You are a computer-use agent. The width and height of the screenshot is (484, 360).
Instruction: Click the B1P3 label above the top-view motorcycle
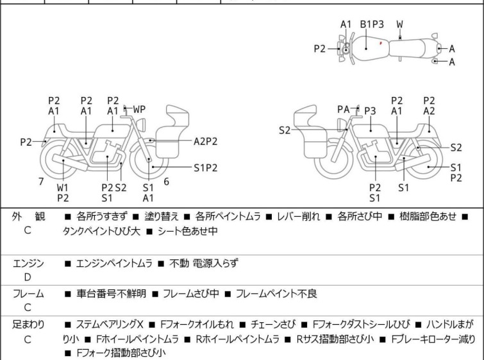point(372,24)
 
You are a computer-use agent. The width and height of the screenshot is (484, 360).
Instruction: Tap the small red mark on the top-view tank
point(381,44)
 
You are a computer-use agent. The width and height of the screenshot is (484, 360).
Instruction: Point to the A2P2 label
point(206,141)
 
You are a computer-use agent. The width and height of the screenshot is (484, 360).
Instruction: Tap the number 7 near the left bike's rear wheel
point(41,182)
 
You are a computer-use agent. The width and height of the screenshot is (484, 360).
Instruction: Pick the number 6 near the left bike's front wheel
point(166,182)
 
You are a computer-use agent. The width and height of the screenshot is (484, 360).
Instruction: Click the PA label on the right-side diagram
point(344,110)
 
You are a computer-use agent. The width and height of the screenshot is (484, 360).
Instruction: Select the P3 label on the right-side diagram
point(370,111)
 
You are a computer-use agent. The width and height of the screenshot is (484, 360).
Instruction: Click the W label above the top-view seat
point(400,24)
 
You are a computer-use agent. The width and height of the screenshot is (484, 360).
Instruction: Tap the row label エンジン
point(28,263)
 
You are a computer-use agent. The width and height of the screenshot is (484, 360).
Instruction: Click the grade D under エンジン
point(28,277)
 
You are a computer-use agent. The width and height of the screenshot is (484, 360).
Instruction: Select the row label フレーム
point(28,294)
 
